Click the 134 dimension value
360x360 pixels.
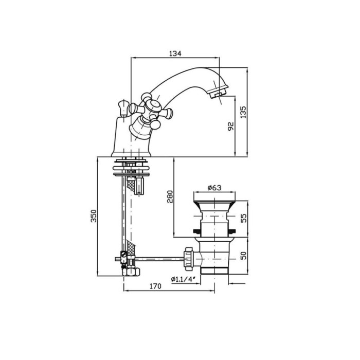click(x=175, y=53)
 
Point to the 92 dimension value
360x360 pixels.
click(x=231, y=127)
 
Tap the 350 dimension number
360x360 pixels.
click(x=94, y=216)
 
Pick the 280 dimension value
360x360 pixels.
click(x=170, y=196)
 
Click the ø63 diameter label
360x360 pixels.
click(x=214, y=188)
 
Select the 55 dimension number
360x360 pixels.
click(x=243, y=218)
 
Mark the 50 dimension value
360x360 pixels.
click(x=243, y=256)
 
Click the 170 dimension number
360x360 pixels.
click(x=155, y=286)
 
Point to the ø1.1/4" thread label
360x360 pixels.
click(x=183, y=279)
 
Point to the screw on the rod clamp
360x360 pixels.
click(x=124, y=254)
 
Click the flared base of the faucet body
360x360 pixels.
click(x=131, y=153)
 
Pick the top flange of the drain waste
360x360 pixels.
click(x=214, y=196)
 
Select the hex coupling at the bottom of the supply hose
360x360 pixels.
click(x=131, y=272)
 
